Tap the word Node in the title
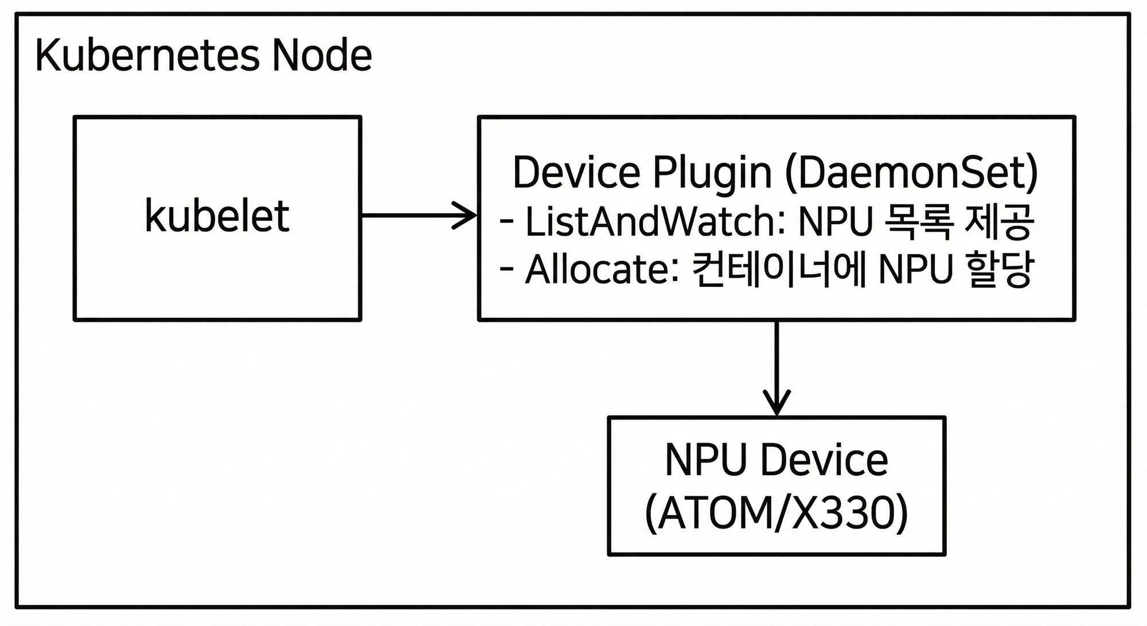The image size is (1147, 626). [x=322, y=56]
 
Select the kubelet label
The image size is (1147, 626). [x=217, y=216]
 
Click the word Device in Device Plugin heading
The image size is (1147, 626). [x=576, y=172]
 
